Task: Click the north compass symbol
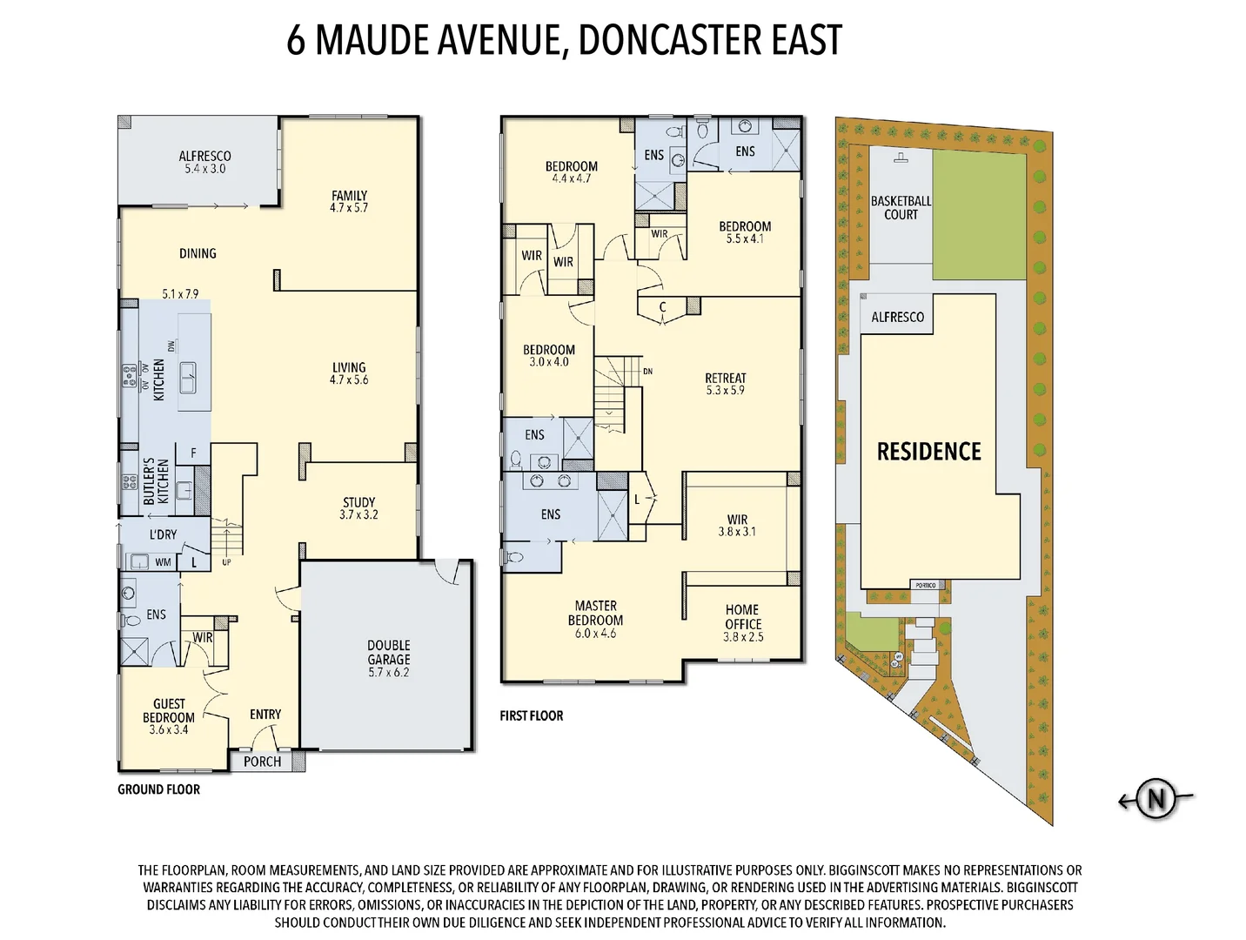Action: (1156, 798)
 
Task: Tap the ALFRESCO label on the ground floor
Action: (204, 157)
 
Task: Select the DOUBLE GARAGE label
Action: (388, 652)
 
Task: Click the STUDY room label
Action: (358, 502)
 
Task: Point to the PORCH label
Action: (262, 762)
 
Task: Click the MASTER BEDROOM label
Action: (596, 613)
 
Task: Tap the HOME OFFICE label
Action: (743, 617)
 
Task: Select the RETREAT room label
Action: (726, 378)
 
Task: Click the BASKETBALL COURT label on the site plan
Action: (901, 207)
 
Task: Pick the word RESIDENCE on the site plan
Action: (928, 452)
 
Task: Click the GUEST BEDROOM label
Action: (169, 710)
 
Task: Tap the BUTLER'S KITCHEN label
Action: (157, 481)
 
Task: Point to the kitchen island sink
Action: (188, 379)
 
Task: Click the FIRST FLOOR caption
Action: (531, 715)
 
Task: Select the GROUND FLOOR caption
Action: (158, 789)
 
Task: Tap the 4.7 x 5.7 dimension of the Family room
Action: (349, 208)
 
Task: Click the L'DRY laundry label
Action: (163, 534)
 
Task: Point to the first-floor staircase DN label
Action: (647, 371)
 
